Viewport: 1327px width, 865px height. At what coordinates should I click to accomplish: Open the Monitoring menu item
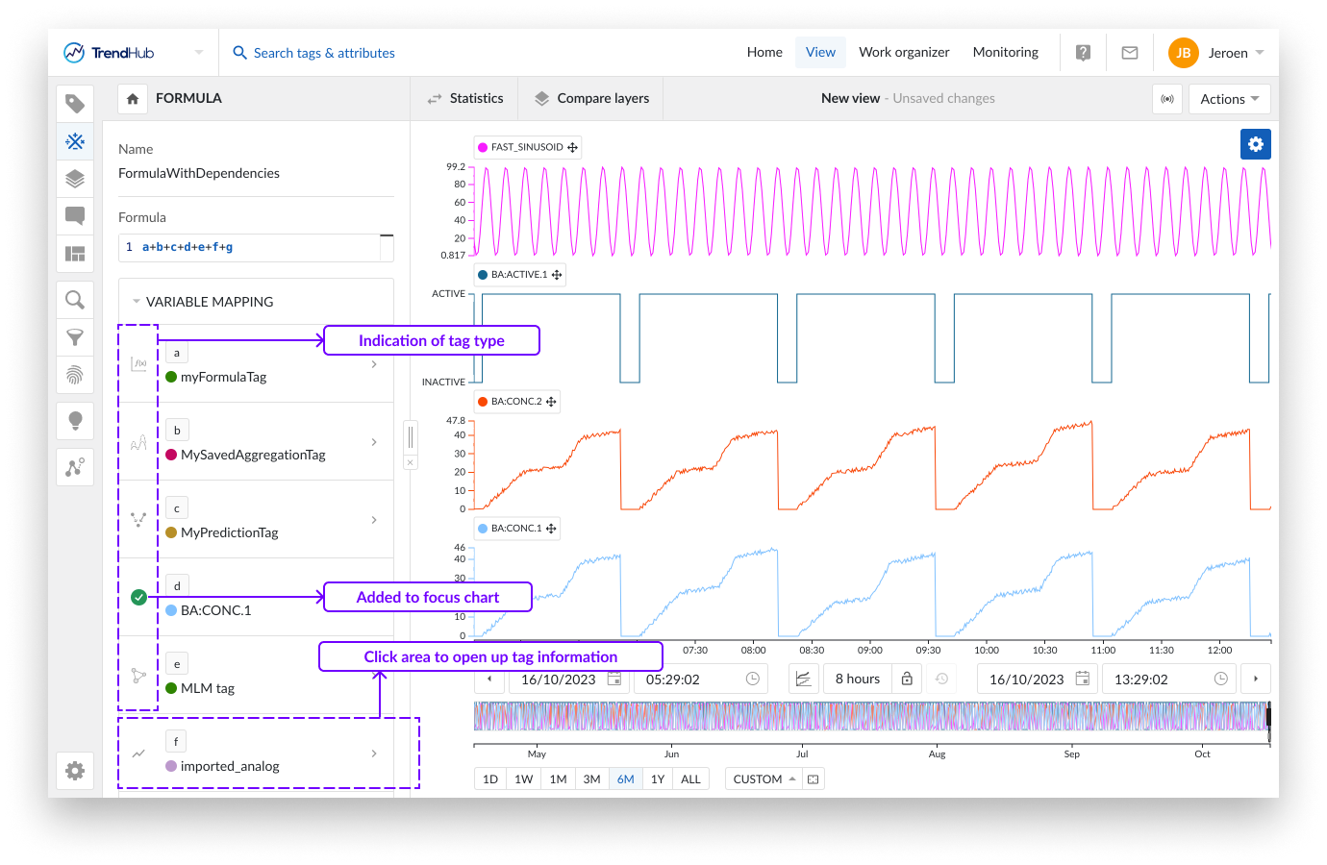point(1005,52)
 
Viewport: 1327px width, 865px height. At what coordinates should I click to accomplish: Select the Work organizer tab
point(904,52)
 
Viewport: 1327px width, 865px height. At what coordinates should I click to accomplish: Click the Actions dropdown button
point(1229,99)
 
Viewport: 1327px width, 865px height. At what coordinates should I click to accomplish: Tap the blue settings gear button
point(1255,144)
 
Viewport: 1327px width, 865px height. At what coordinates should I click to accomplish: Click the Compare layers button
point(591,98)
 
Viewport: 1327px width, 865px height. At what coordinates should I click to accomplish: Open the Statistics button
point(465,98)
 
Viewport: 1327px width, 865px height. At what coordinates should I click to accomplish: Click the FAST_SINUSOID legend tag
point(527,147)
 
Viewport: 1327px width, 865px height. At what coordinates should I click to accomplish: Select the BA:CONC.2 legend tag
point(516,402)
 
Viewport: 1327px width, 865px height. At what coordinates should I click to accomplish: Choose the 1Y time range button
point(658,778)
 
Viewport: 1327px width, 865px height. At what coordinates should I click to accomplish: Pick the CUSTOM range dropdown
point(764,778)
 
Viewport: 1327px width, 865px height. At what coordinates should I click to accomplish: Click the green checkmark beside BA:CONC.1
point(138,598)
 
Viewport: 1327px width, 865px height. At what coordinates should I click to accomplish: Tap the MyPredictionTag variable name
point(229,532)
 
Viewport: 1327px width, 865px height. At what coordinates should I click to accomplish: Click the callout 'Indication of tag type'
point(431,340)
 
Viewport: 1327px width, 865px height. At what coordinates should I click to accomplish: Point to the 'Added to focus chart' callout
point(428,597)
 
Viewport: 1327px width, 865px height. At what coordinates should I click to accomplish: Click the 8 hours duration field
point(857,679)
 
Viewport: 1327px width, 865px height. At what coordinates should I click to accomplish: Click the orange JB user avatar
point(1183,53)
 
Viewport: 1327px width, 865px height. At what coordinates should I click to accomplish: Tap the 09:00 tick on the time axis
point(869,650)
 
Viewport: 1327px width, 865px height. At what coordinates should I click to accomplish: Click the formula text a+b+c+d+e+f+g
point(188,247)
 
